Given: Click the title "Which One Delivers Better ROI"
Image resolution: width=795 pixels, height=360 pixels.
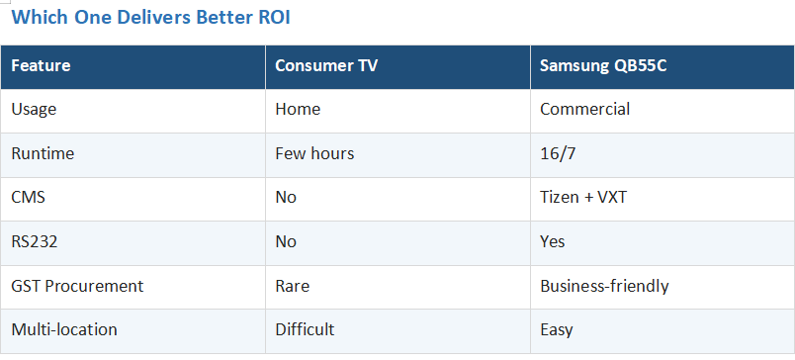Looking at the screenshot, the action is click(150, 17).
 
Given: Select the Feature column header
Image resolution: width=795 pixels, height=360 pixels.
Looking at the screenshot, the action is click(41, 66).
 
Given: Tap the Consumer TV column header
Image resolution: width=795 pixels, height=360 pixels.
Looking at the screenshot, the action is click(326, 66).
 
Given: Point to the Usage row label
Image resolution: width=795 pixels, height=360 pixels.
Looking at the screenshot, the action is click(34, 110).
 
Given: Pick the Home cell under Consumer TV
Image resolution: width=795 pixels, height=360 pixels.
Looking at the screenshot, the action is click(298, 109).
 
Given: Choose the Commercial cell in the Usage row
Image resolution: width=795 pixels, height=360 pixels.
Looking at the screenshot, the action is click(584, 109).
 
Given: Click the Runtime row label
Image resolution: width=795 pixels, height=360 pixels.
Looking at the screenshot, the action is click(43, 153).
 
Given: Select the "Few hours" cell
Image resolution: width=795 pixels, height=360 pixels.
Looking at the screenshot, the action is click(314, 153).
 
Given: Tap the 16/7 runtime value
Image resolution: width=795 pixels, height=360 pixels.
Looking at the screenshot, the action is click(558, 153).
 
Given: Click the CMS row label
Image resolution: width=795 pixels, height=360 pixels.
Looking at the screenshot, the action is click(28, 197).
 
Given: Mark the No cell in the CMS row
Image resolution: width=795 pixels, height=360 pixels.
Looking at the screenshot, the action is click(286, 197).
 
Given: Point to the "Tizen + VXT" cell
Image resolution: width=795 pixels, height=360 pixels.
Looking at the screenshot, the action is click(583, 197).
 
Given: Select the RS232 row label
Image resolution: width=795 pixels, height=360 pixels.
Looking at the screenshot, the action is click(34, 241).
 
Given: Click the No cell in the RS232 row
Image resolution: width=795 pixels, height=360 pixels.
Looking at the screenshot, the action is click(286, 241).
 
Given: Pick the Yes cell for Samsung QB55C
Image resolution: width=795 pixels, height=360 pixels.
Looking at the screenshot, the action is click(552, 241).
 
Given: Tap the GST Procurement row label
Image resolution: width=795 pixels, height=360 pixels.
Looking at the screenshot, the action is click(77, 286).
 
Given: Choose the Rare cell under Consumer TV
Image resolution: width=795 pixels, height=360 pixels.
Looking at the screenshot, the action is click(292, 286).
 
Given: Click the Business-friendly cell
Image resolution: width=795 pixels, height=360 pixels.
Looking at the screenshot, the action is click(604, 286).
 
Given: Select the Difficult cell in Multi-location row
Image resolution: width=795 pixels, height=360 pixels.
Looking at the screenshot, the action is click(305, 329).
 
